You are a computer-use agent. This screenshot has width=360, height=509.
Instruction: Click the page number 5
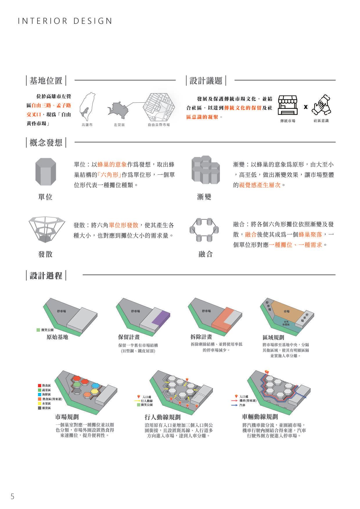tap(12, 496)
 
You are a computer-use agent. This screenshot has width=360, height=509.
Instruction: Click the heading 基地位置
tap(46, 81)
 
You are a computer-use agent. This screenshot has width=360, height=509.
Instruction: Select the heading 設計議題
tap(206, 81)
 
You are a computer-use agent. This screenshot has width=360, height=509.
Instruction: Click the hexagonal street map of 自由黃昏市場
tap(159, 108)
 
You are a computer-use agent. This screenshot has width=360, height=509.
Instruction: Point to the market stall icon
tap(287, 106)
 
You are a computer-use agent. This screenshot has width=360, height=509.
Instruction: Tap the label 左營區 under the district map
tap(119, 125)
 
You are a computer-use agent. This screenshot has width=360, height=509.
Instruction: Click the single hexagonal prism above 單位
tap(45, 172)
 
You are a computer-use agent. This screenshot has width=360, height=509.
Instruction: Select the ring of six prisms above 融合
tap(204, 230)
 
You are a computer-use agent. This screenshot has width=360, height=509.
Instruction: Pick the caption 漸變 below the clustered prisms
tap(204, 197)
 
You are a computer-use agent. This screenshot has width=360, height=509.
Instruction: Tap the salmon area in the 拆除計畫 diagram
tap(224, 319)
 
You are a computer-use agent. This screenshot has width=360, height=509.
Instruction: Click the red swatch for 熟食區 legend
tap(39, 385)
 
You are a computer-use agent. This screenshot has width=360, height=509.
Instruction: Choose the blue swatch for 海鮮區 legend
tap(39, 394)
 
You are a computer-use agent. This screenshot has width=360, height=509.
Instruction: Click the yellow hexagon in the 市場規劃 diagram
tap(95, 392)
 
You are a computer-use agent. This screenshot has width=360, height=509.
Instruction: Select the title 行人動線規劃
tap(163, 417)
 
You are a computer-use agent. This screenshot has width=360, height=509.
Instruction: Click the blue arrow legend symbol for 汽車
tap(235, 405)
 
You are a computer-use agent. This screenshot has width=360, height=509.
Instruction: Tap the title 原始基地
tap(57, 337)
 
